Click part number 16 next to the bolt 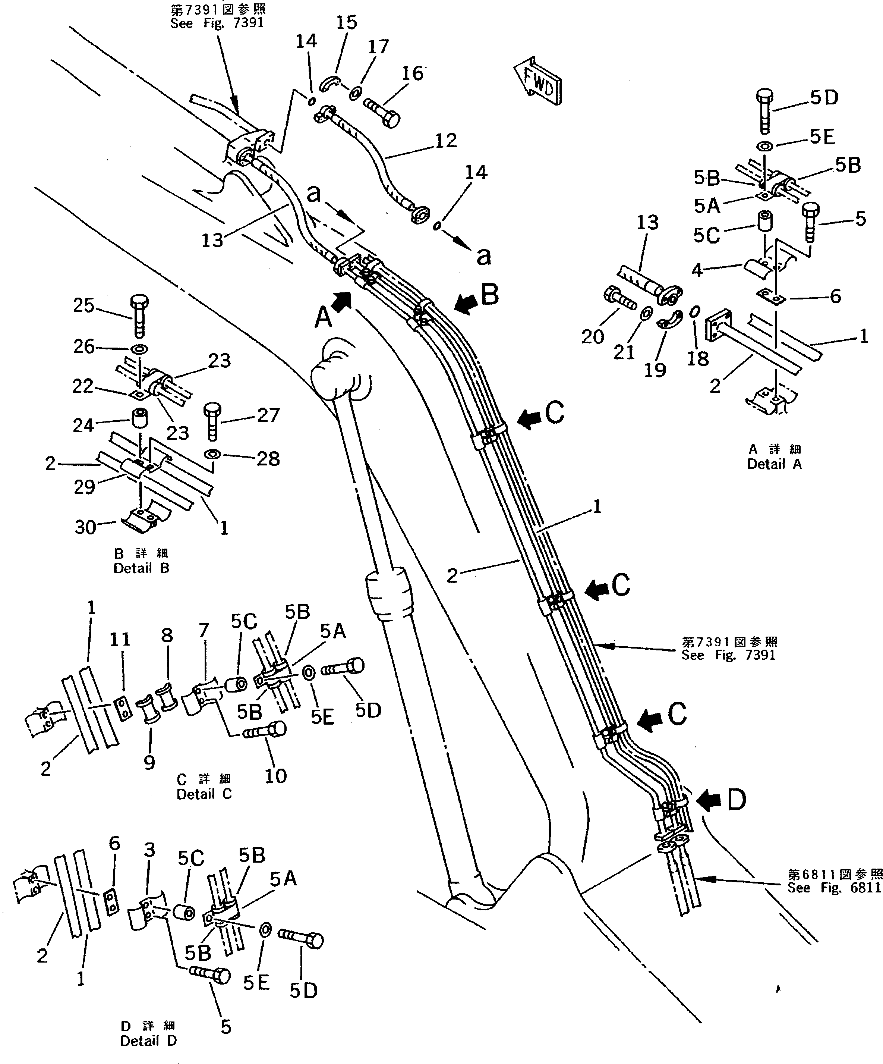(x=412, y=73)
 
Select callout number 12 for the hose (x=445, y=140)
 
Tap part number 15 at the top (x=346, y=23)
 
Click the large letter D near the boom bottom (x=736, y=801)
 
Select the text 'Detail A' (x=774, y=464)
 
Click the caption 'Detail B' (x=141, y=568)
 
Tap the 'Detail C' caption (x=204, y=794)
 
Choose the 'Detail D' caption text (x=148, y=1041)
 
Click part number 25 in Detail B (x=83, y=305)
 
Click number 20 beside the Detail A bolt (x=592, y=336)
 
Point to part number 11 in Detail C (x=120, y=640)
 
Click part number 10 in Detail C (x=275, y=776)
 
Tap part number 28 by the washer (x=268, y=459)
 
